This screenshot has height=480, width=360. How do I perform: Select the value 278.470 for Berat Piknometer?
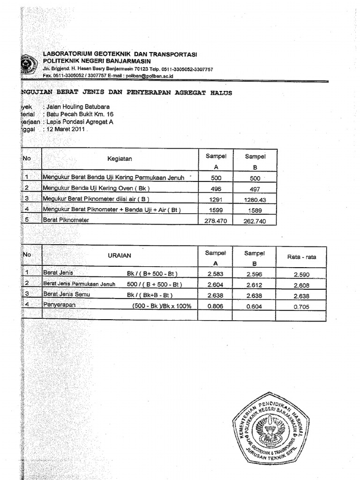tap(216, 220)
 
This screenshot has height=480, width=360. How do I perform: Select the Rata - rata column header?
tap(301, 256)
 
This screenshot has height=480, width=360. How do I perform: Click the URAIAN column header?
tap(120, 255)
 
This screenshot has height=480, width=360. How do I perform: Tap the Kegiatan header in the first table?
tap(120, 158)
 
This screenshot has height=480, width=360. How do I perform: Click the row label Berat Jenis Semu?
tap(66, 294)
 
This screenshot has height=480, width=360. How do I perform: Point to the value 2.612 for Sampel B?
tap(255, 285)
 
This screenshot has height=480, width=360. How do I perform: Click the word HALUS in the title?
tap(221, 93)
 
